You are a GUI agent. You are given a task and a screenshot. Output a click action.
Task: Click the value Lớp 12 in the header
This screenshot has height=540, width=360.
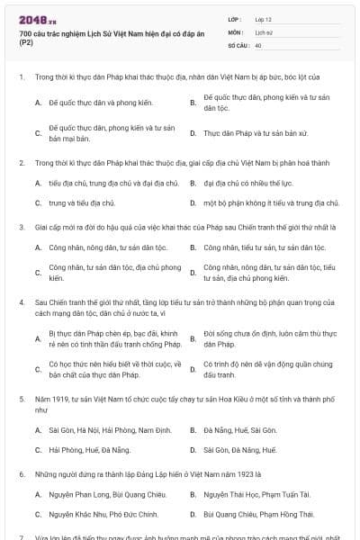coord(263,19)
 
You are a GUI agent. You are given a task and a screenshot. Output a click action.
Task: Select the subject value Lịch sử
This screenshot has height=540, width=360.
coord(263,31)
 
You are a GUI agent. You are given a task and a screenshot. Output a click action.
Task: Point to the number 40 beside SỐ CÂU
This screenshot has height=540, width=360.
coord(258,44)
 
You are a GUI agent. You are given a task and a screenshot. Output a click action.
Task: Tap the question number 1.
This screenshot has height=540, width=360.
coord(21,77)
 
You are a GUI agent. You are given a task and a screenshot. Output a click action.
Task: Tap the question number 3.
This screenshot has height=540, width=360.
coord(21,228)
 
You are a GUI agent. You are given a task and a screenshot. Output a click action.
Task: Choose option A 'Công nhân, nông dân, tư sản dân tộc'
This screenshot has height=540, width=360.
coord(109,246)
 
